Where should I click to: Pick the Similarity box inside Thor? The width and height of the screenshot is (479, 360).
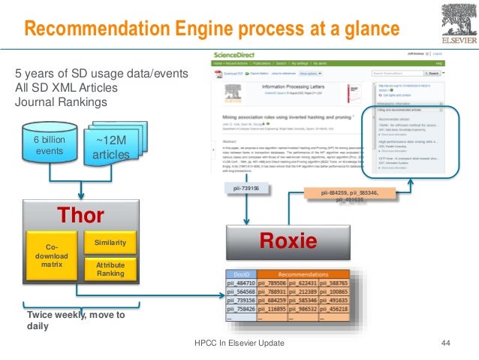pos(110,243)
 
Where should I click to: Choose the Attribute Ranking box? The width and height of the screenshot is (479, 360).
pos(110,270)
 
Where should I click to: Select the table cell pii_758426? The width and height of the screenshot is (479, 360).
pos(242,309)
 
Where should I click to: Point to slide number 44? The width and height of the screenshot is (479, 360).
pos(445,343)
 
